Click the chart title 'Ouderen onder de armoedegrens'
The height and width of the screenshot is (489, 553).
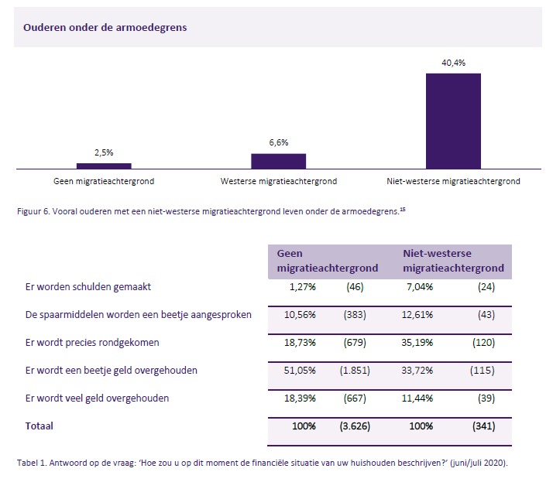pyautogui.click(x=105, y=27)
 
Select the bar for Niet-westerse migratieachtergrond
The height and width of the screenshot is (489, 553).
pyautogui.click(x=453, y=121)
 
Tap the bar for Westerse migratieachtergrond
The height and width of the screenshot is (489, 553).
pyautogui.click(x=278, y=161)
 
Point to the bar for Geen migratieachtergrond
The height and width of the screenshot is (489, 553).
pyautogui.click(x=104, y=166)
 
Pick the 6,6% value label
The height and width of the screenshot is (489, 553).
pyautogui.click(x=278, y=143)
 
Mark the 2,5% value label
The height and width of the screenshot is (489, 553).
pyautogui.click(x=104, y=153)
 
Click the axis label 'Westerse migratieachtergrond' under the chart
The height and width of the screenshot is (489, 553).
pyautogui.click(x=278, y=182)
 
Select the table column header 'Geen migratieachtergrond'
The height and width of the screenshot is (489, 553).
pyautogui.click(x=328, y=261)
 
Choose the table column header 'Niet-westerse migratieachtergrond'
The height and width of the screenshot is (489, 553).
pyautogui.click(x=454, y=261)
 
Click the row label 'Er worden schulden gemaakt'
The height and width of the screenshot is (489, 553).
pyautogui.click(x=88, y=287)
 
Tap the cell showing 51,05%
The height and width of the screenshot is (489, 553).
pyautogui.click(x=301, y=371)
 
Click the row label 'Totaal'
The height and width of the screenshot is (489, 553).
pyautogui.click(x=39, y=426)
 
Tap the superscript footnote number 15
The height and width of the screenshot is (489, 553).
pyautogui.click(x=403, y=207)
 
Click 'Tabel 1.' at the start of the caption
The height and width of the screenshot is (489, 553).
pyautogui.click(x=32, y=463)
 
